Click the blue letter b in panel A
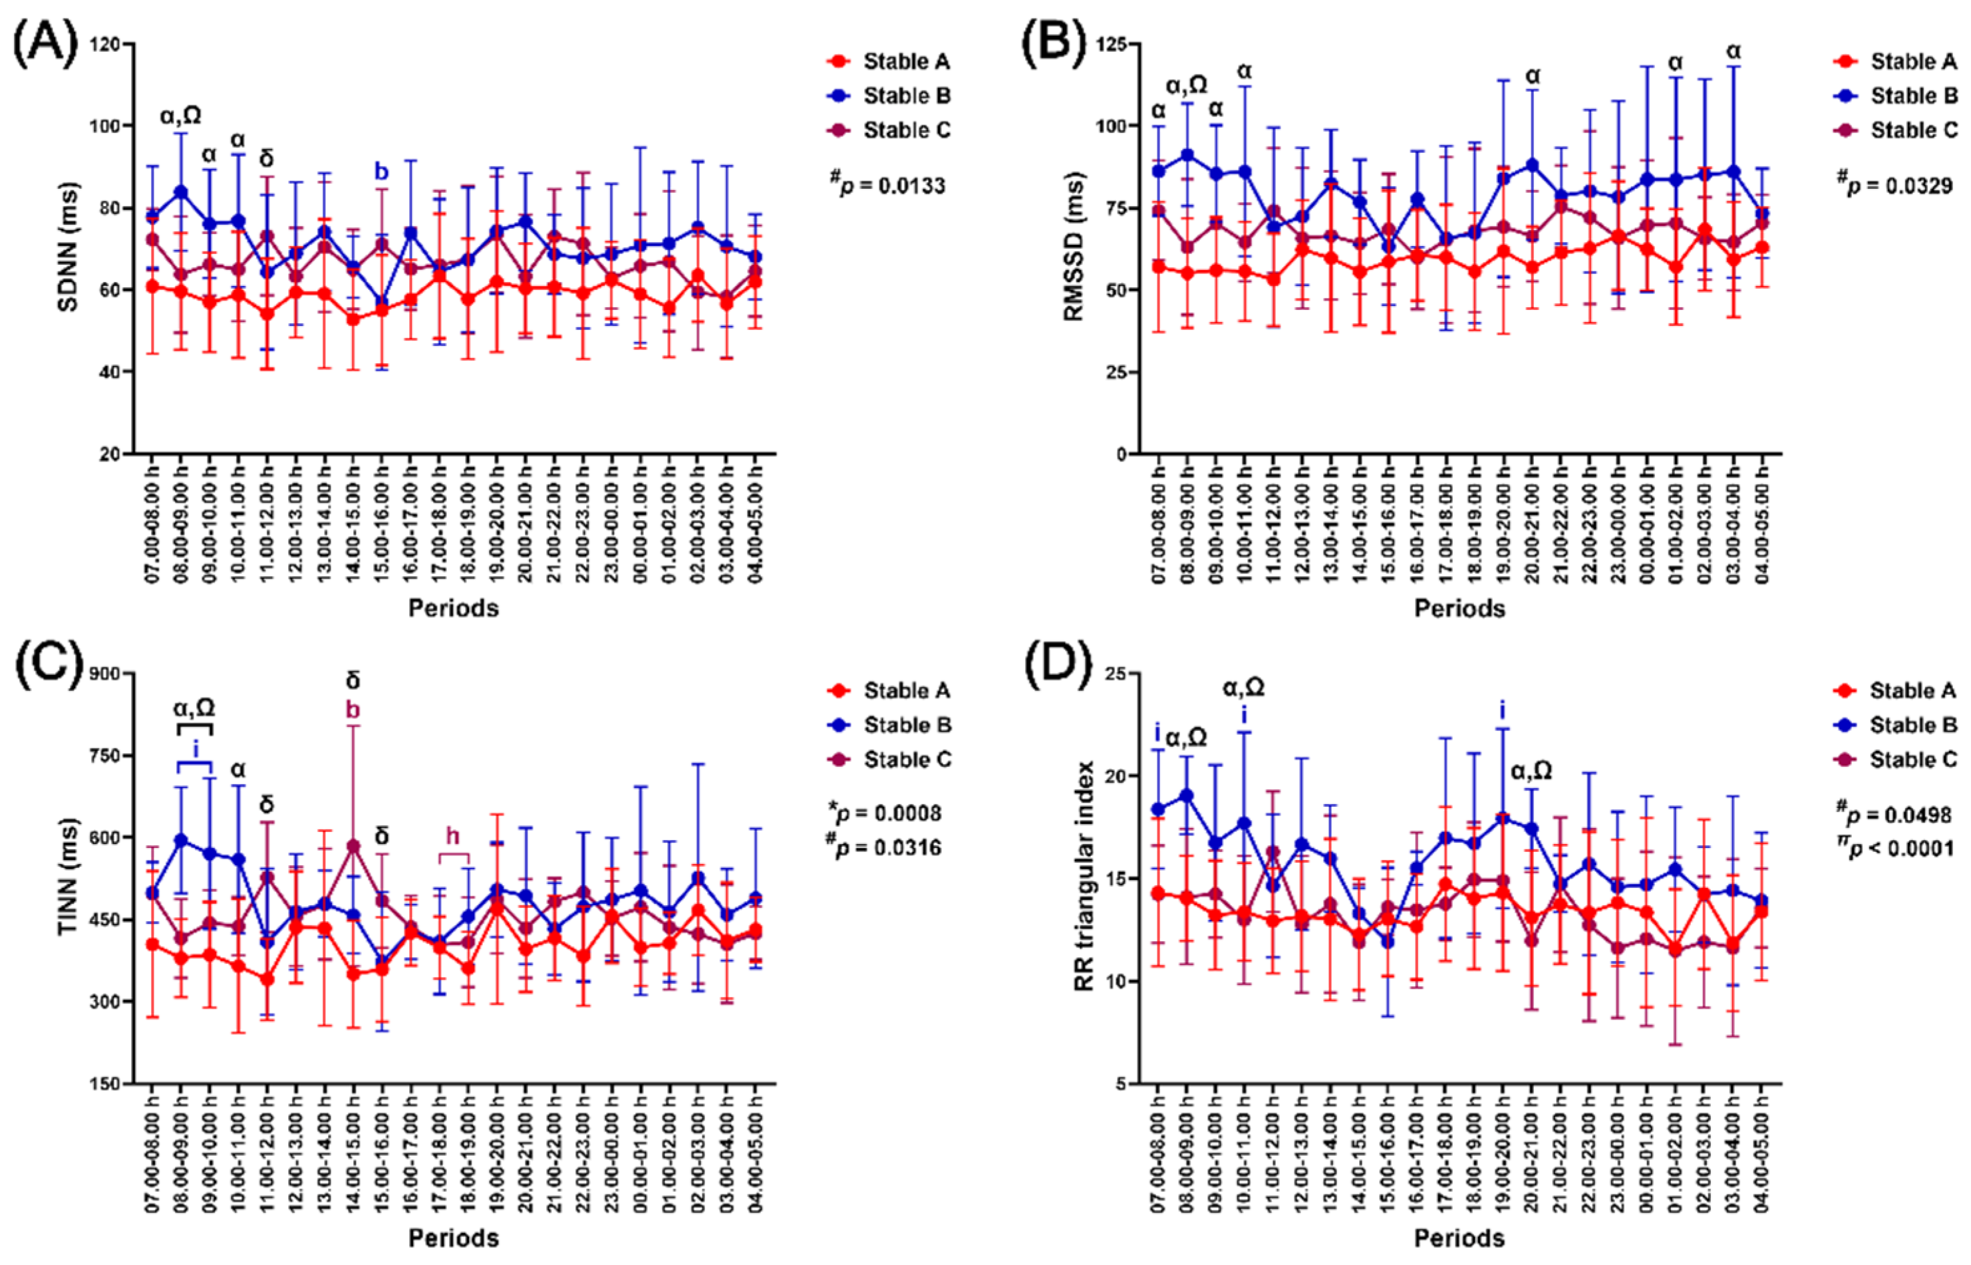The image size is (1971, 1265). click(381, 172)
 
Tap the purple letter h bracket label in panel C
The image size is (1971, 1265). click(453, 836)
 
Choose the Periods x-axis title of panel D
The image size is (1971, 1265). click(1459, 1238)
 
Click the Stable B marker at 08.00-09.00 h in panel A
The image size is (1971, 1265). click(181, 192)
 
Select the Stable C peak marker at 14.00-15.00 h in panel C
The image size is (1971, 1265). click(353, 846)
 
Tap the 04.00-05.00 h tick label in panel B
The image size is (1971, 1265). click(1761, 533)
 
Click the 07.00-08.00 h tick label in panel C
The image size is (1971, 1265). click(152, 1163)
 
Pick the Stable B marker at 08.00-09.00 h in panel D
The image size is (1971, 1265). click(1186, 795)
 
